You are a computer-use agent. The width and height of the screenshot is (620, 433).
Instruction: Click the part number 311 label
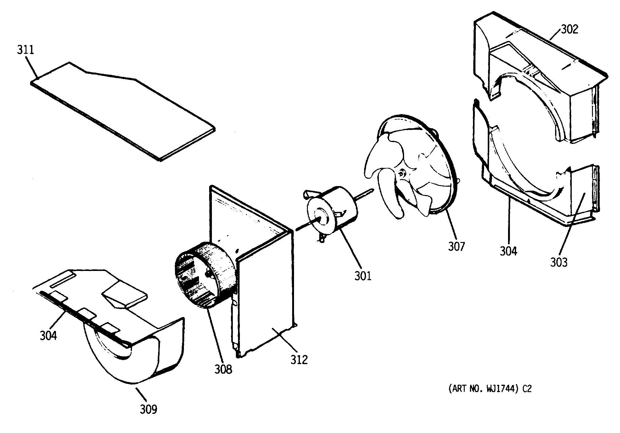pyautogui.click(x=26, y=50)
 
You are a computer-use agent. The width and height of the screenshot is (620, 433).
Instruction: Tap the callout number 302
pyautogui.click(x=569, y=29)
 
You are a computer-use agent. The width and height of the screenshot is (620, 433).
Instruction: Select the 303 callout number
pyautogui.click(x=558, y=262)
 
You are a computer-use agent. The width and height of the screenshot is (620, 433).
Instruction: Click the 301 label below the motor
pyautogui.click(x=363, y=276)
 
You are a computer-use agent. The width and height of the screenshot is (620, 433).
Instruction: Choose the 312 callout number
pyautogui.click(x=299, y=359)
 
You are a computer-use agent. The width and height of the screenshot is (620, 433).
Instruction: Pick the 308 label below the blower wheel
pyautogui.click(x=223, y=369)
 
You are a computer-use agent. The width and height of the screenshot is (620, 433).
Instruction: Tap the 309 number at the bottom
pyautogui.click(x=149, y=409)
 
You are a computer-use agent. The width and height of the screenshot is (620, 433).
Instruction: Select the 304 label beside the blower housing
pyautogui.click(x=48, y=336)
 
